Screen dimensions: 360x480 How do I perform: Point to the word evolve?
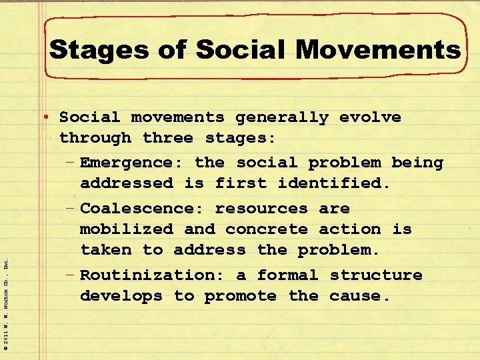[x=370, y=117]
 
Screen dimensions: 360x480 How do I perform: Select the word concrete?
[x=267, y=229]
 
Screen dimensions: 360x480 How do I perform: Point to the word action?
[x=349, y=229]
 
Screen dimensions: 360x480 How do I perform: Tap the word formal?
[x=287, y=275]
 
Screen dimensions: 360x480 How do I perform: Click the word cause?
[x=359, y=295]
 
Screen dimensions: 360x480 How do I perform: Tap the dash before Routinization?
[x=71, y=275]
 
